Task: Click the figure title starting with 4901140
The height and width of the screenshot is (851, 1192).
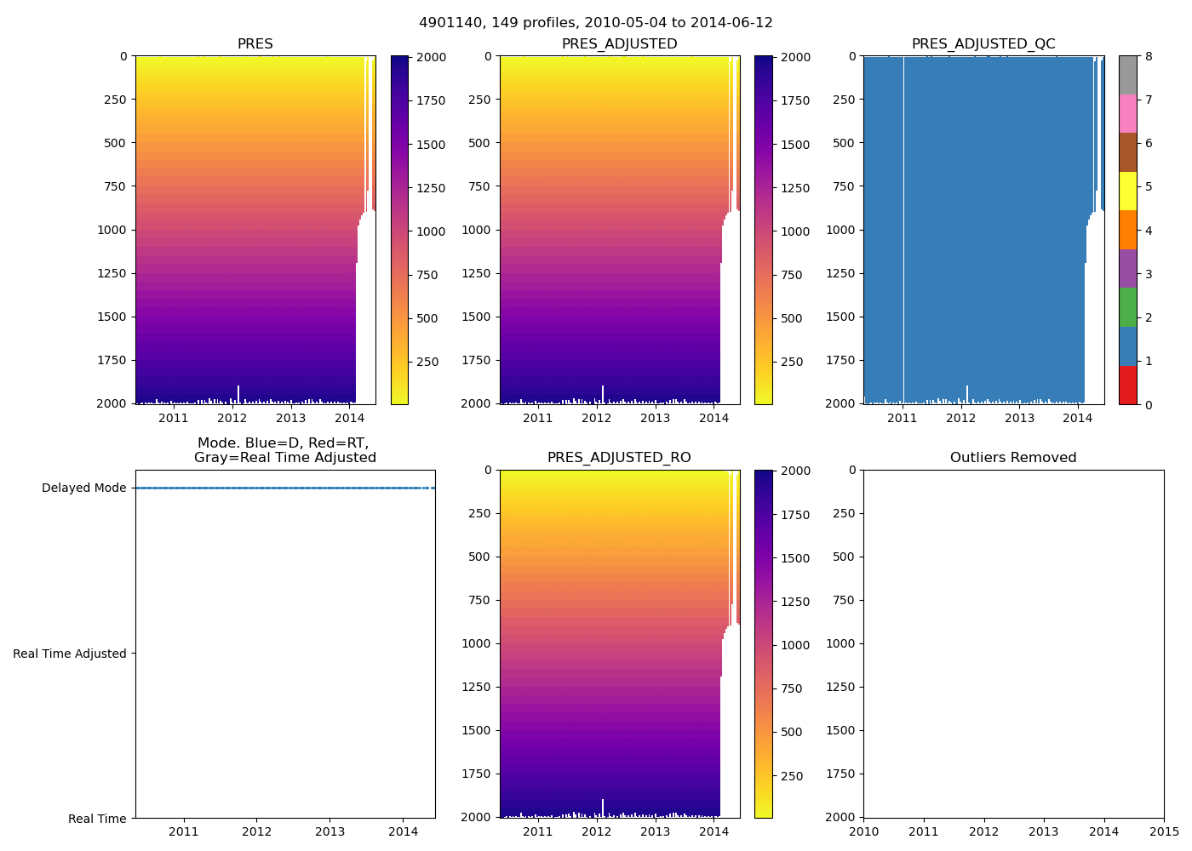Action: click(596, 23)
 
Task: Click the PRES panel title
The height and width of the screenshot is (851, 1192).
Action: click(255, 44)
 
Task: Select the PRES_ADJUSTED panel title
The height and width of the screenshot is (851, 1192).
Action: click(619, 44)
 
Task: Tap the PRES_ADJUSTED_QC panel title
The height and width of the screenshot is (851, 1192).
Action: click(983, 44)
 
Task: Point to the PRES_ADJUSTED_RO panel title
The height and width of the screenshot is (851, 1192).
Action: click(619, 458)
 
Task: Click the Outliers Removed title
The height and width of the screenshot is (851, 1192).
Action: click(1013, 458)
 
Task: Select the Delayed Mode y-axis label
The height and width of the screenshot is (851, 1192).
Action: click(83, 488)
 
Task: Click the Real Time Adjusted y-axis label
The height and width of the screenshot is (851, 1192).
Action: click(70, 654)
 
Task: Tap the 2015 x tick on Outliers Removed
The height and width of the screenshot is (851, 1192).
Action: click(1164, 831)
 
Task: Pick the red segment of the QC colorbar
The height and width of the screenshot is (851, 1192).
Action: click(1127, 385)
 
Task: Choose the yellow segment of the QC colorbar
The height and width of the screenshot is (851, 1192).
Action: click(1127, 191)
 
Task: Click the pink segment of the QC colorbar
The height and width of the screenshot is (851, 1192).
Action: click(1127, 113)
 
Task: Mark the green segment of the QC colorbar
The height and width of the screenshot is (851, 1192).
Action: click(1127, 307)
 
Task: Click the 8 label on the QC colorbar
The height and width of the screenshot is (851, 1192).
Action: click(1149, 57)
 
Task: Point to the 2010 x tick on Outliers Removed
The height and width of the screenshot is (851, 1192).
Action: click(864, 831)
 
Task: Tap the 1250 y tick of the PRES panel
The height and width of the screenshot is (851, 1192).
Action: click(112, 273)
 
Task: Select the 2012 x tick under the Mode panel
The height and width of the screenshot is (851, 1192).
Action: click(257, 831)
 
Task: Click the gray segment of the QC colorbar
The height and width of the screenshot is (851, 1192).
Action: click(1127, 75)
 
